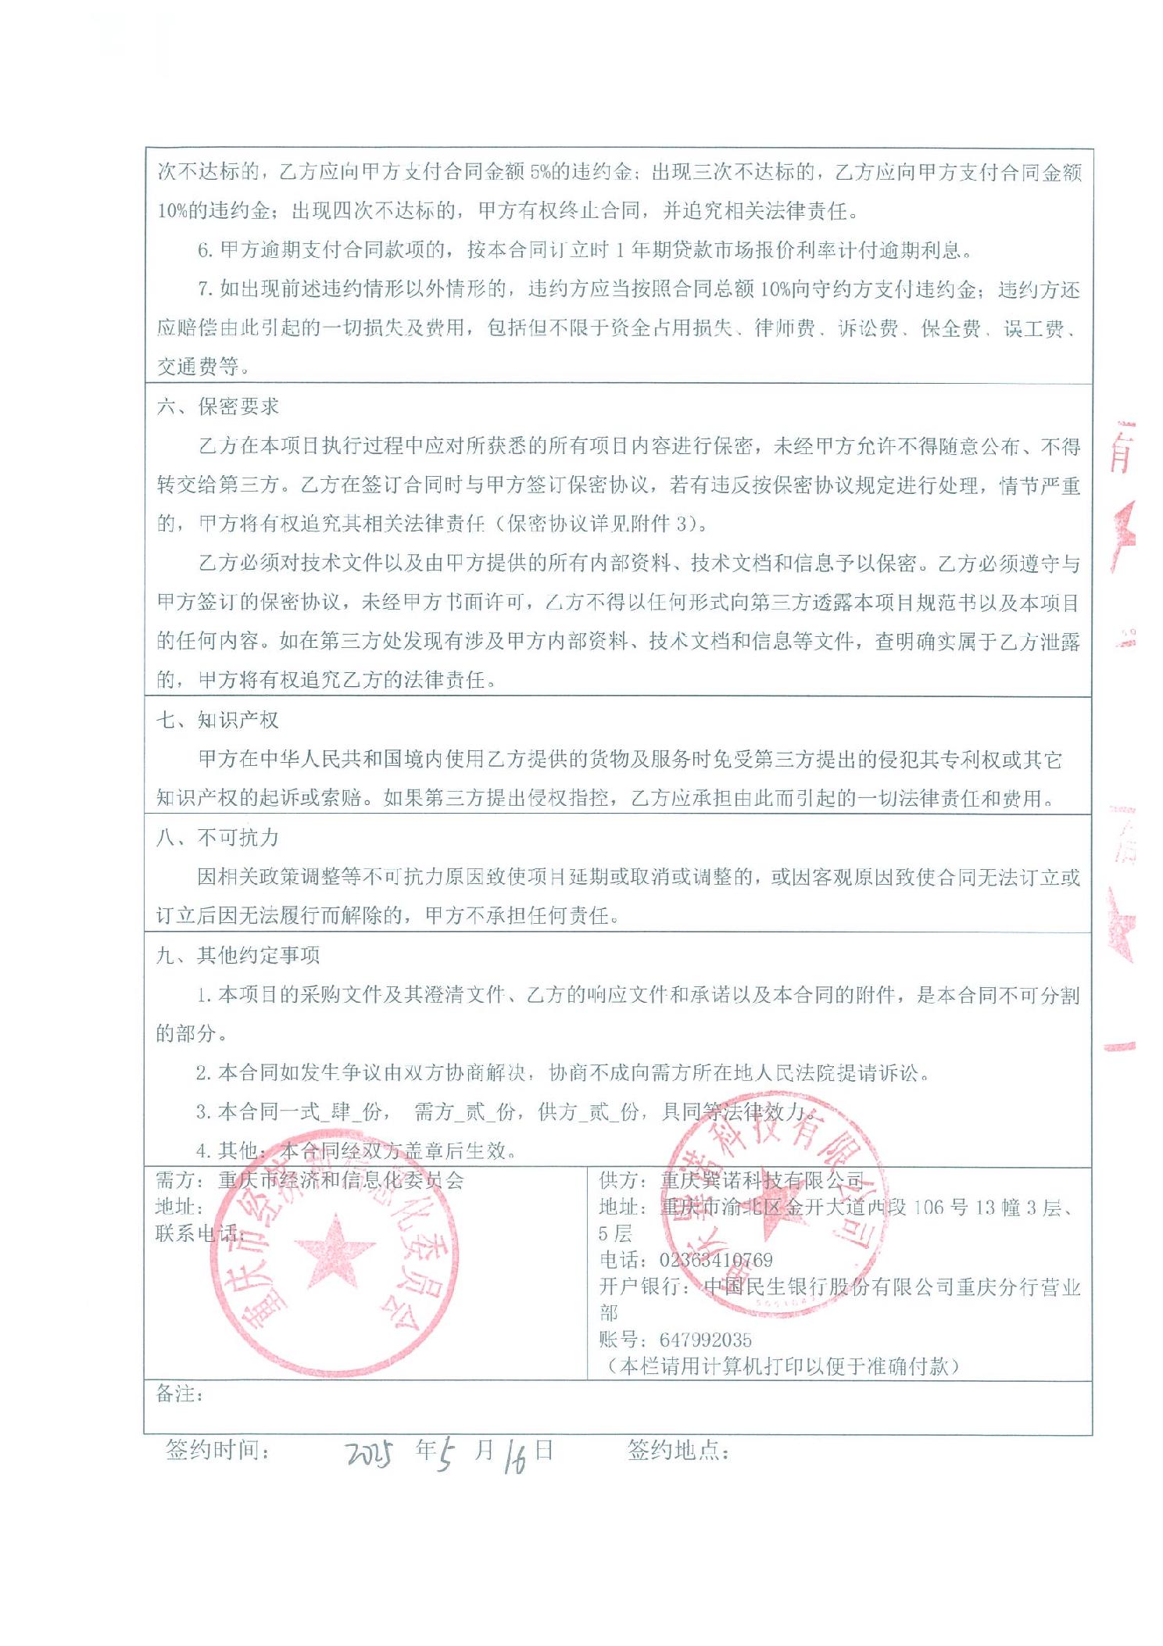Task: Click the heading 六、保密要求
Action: tap(218, 406)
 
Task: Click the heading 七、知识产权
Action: tap(218, 720)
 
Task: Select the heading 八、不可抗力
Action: tap(218, 838)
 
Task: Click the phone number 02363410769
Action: tap(716, 1260)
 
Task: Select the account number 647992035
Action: tap(705, 1340)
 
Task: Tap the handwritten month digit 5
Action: tap(446, 1455)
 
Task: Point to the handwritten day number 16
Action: tap(515, 1456)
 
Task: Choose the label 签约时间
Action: tap(218, 1451)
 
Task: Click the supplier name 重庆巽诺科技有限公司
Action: tap(762, 1180)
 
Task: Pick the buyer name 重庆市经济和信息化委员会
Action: tap(341, 1180)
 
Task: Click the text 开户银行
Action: tap(640, 1286)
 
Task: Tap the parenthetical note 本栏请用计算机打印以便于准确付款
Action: tap(782, 1366)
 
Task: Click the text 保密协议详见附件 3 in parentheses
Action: tap(600, 524)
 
